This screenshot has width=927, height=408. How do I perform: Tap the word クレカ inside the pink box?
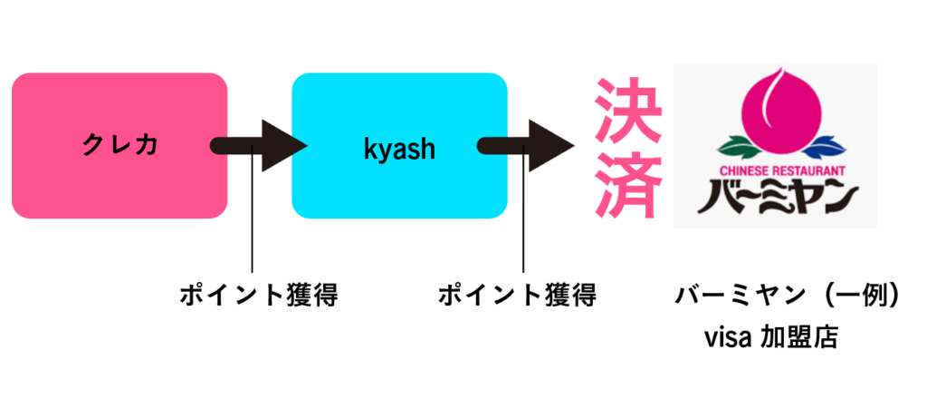[119, 145]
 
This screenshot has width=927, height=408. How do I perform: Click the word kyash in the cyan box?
[399, 148]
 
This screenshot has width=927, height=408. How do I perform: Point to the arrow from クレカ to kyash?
[260, 145]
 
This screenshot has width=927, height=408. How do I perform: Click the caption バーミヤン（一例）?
[787, 296]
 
